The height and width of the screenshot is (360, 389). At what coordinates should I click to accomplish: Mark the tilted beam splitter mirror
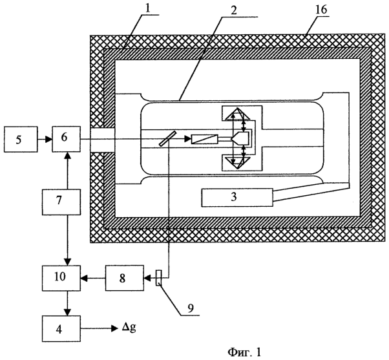click(167, 138)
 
